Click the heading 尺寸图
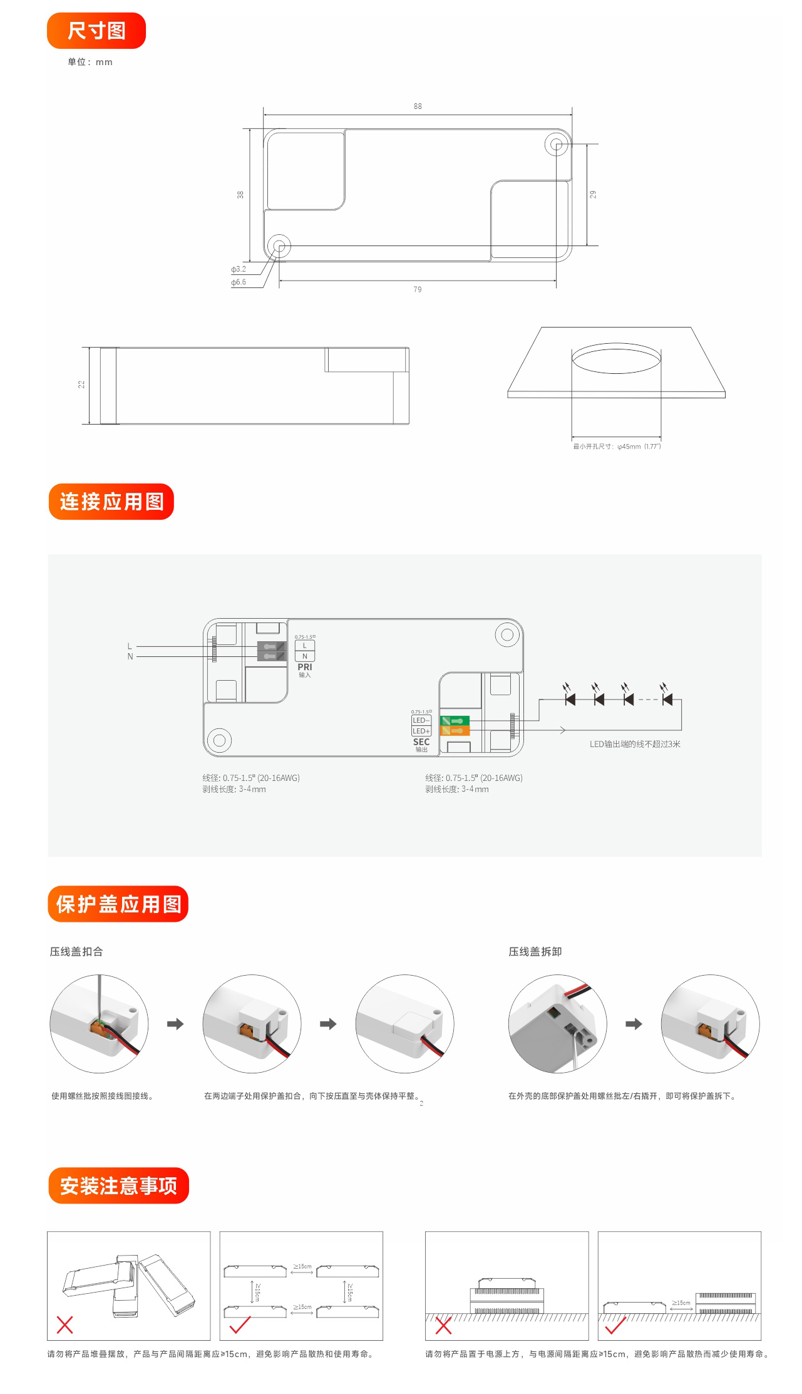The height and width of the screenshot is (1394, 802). pos(96,31)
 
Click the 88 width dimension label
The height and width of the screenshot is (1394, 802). pos(418,106)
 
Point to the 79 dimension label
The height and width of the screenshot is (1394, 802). pos(418,289)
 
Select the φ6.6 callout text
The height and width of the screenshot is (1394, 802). pos(239,282)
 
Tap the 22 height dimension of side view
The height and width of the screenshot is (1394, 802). pos(81,385)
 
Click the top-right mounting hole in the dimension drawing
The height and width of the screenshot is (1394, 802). pos(556,145)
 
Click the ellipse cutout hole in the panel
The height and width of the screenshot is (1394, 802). pos(616,359)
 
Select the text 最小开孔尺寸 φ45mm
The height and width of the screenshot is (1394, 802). pos(617,447)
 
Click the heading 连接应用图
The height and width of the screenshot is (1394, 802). pos(111,502)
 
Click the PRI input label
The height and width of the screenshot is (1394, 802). pos(304,668)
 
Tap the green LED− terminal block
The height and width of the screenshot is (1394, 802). pos(455,721)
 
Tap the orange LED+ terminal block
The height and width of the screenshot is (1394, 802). pos(455,731)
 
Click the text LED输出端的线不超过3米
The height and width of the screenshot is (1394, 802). pos(634,744)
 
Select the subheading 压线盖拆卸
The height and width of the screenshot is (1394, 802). pos(535,951)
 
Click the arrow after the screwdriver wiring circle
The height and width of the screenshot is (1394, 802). pos(175,1024)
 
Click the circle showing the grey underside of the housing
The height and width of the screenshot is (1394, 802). pos(557,1024)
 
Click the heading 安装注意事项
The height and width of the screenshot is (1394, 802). pos(118,1185)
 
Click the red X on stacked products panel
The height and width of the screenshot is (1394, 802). pos(65,1324)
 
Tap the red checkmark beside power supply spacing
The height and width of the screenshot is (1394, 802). pos(615,1325)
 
